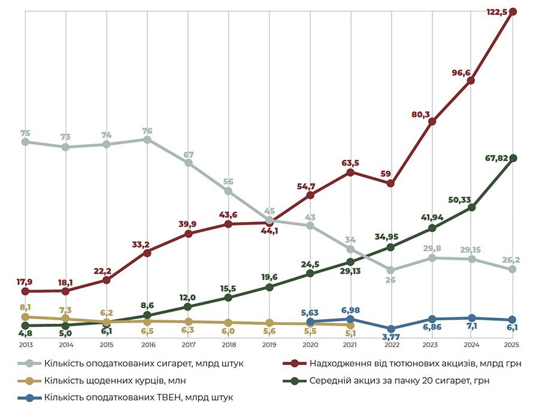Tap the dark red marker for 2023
pyautogui.click(x=432, y=122)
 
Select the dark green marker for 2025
pyautogui.click(x=513, y=158)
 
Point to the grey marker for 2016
pyautogui.click(x=147, y=139)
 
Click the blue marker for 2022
pyautogui.click(x=390, y=329)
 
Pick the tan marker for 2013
pyautogui.click(x=25, y=317)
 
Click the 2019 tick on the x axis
pyautogui.click(x=269, y=345)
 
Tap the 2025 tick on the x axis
pyautogui.click(x=512, y=345)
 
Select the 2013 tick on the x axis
pyautogui.click(x=25, y=345)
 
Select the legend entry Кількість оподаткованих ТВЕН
pyautogui.click(x=137, y=397)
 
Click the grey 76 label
pyautogui.click(x=147, y=130)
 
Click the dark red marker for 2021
pyautogui.click(x=350, y=172)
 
